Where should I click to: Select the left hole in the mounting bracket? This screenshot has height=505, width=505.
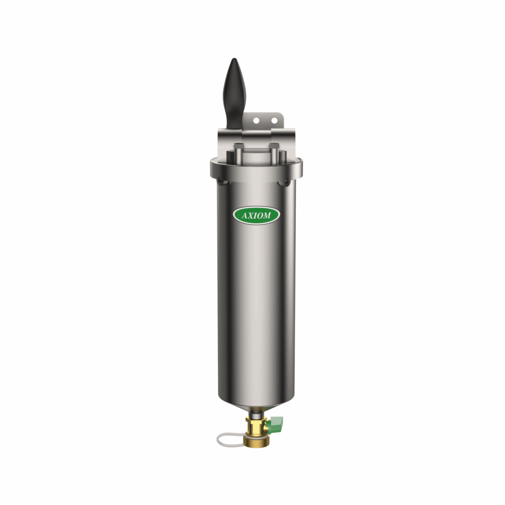point(255,120)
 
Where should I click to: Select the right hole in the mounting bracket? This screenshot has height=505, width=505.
point(274,120)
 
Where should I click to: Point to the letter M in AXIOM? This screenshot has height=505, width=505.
point(268,216)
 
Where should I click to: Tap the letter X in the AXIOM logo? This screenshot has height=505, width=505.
point(250,216)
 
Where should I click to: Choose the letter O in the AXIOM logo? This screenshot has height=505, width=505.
point(260,216)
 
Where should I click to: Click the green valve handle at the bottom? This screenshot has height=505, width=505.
point(277,422)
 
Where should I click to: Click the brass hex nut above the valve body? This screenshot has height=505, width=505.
point(255,421)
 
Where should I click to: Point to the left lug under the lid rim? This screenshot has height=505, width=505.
point(223,182)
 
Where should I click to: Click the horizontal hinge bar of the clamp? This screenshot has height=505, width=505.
point(256,134)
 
